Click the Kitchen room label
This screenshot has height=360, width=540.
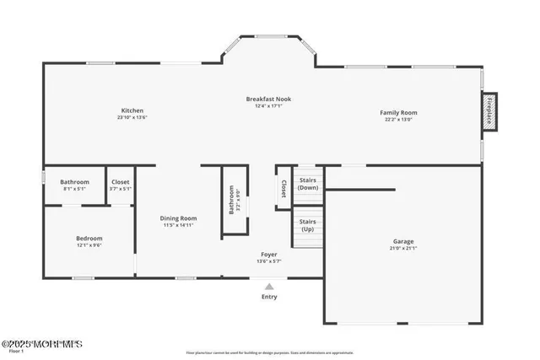(132, 110)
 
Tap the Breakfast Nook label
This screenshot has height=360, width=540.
(269, 99)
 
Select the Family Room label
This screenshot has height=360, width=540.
(398, 112)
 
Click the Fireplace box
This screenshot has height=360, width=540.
(489, 110)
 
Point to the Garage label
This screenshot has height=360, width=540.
(403, 242)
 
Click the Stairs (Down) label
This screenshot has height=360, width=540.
(308, 184)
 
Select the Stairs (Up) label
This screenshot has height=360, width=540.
(307, 225)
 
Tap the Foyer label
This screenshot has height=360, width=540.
(269, 254)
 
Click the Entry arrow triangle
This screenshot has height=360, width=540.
(269, 287)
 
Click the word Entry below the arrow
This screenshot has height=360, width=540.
(269, 297)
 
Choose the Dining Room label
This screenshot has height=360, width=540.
(178, 218)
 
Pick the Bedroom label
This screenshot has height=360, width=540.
(89, 239)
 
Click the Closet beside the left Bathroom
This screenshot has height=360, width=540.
(121, 181)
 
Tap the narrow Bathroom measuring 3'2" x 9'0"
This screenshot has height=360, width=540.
(232, 199)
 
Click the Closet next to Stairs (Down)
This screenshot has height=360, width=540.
(283, 188)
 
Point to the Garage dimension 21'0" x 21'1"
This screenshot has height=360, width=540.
(403, 249)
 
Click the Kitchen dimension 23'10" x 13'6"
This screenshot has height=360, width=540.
(132, 117)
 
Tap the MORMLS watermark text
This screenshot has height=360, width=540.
(41, 343)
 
